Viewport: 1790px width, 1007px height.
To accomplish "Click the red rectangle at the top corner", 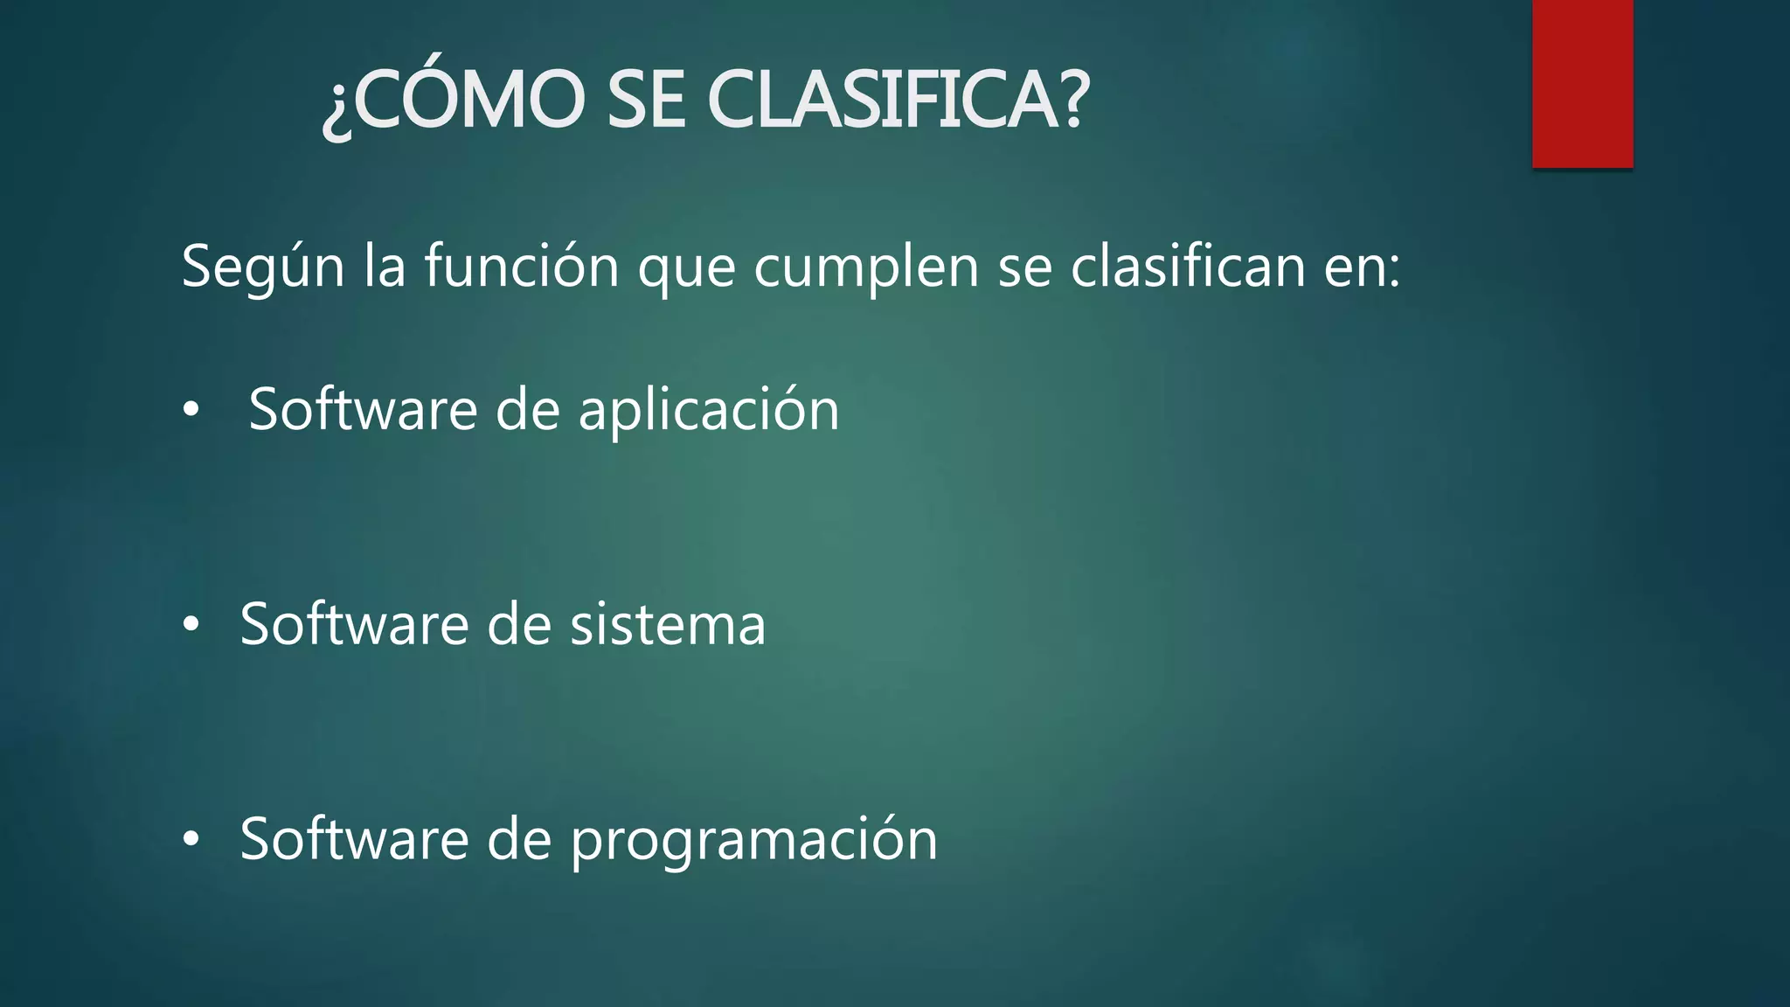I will coord(1582,84).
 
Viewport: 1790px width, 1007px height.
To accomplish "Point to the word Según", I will coord(263,267).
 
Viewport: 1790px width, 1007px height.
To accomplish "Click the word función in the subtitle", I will coord(522,267).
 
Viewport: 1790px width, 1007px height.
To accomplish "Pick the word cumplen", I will coord(866,267).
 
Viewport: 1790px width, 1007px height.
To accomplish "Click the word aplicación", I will coord(709,411).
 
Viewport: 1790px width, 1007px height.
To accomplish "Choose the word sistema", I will coord(668,626).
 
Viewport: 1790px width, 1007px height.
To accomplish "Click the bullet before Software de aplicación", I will coord(191,410).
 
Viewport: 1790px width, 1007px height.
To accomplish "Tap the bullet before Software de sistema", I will coord(191,625).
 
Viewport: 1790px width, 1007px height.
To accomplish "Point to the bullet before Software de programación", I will coord(191,840).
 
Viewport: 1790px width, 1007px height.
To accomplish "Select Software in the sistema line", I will coord(354,624).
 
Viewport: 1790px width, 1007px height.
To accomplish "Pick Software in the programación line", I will coord(354,839).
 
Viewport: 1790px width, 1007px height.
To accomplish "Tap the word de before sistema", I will coord(519,624).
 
